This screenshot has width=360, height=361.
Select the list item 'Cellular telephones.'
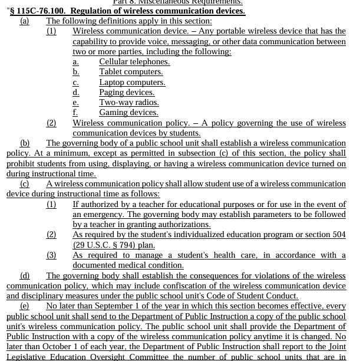(134, 62)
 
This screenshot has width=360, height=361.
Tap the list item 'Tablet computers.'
(131, 72)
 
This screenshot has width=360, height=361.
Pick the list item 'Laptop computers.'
(132, 83)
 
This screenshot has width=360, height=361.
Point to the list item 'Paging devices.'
(127, 93)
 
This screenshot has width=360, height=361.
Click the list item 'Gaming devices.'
(128, 113)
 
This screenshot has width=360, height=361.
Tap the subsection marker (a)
(24, 21)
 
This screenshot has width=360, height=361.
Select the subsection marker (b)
(25, 143)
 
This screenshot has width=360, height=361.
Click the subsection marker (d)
(25, 275)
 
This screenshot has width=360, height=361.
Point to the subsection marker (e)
(24, 306)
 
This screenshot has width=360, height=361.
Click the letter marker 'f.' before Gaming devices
(75, 113)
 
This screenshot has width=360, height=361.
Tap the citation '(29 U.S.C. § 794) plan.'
(114, 245)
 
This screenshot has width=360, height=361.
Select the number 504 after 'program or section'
(339, 235)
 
